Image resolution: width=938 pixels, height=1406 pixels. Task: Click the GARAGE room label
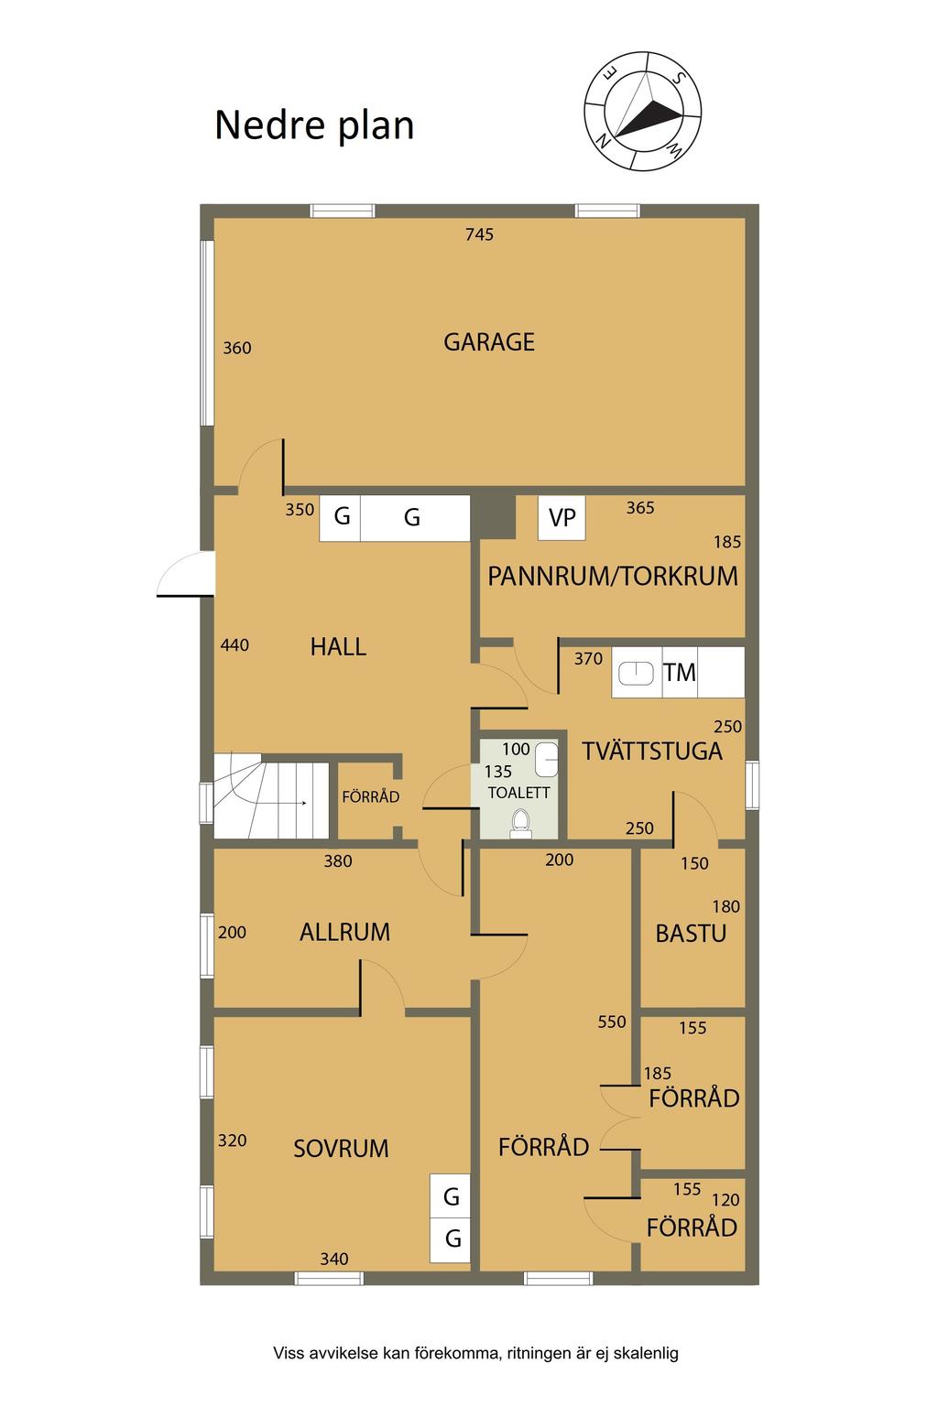[x=489, y=342]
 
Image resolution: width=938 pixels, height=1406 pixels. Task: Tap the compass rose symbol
[x=642, y=111]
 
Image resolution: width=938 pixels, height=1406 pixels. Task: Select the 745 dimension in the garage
[x=479, y=234]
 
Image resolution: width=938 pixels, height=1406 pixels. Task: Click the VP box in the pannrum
[x=562, y=518]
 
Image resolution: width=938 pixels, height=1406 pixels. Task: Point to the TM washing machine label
[x=679, y=673]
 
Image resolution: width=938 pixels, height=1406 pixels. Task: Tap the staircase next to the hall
[x=271, y=795]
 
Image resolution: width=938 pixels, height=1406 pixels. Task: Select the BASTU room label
[x=691, y=934]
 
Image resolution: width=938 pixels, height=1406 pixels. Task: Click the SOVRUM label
[x=341, y=1149]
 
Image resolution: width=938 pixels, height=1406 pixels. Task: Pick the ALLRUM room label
[x=345, y=932]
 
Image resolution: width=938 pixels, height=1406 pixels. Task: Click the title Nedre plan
[x=314, y=125]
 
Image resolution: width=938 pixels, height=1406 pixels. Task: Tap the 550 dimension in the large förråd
[x=611, y=1022]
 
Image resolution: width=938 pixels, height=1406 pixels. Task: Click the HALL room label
[x=338, y=647]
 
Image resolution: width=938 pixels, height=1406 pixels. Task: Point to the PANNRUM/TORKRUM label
[x=613, y=576]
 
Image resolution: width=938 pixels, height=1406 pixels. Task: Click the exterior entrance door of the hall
[x=186, y=574]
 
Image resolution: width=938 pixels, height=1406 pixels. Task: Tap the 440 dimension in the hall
[x=234, y=645]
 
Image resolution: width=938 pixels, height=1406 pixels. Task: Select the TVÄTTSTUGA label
[x=652, y=752]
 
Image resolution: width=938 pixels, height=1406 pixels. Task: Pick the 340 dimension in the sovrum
[x=333, y=1259]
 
